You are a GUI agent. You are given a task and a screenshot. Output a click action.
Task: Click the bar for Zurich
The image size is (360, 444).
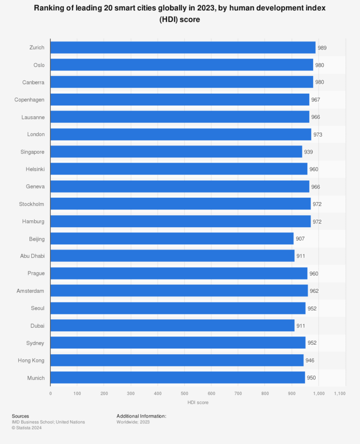click(x=183, y=48)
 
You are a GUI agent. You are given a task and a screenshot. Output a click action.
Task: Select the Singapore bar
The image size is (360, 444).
click(x=176, y=152)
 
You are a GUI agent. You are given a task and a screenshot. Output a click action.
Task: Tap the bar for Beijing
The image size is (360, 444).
click(x=172, y=239)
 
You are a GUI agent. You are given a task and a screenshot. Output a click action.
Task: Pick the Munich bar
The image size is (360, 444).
click(x=177, y=378)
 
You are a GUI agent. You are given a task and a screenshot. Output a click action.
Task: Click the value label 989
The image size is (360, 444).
click(x=322, y=48)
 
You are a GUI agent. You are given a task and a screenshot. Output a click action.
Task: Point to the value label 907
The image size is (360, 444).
click(x=300, y=239)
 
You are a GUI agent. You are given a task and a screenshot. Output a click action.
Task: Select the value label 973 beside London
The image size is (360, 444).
click(x=317, y=134)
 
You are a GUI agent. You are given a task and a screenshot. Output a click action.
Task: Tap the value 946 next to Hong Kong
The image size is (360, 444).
click(x=310, y=360)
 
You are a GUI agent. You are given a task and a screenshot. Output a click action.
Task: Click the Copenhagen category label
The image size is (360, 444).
click(x=29, y=100)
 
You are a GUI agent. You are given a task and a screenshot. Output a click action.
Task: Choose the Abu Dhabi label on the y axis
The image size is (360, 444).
click(x=32, y=256)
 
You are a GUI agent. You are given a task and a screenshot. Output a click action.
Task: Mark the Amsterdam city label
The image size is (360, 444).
click(x=30, y=291)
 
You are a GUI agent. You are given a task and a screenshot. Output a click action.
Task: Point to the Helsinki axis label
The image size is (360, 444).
click(x=35, y=169)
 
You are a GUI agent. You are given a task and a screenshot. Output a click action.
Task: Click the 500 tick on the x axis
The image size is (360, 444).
click(x=184, y=394)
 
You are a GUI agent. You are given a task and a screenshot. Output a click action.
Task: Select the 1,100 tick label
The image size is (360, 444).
click(x=340, y=394)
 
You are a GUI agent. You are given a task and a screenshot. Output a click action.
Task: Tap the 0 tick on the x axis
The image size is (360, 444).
click(x=50, y=394)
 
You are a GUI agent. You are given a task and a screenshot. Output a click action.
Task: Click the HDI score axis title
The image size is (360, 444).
click(x=198, y=403)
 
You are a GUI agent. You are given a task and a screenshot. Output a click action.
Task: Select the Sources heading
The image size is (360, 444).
click(x=20, y=416)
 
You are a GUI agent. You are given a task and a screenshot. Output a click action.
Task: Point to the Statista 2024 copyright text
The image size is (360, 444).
click(x=27, y=428)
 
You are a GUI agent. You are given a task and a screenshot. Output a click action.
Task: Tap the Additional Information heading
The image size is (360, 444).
click(x=141, y=416)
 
